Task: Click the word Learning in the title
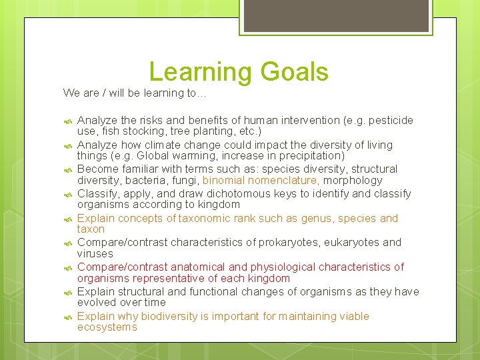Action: (x=197, y=72)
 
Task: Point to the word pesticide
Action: (x=389, y=121)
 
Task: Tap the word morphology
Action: (x=353, y=181)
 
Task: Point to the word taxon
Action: (x=91, y=229)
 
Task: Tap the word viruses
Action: (x=95, y=254)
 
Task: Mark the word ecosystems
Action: (x=107, y=327)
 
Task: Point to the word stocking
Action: (x=141, y=131)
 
